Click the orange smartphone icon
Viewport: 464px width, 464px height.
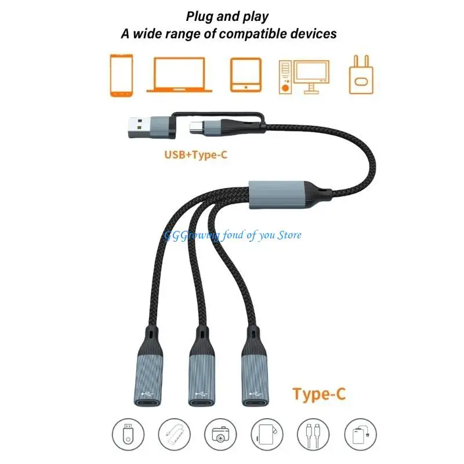pyautogui.click(x=121, y=75)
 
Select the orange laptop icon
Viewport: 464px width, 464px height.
pyautogui.click(x=179, y=75)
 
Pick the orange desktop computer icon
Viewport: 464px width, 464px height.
pyautogui.click(x=303, y=76)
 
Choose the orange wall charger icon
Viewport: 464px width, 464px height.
pyautogui.click(x=361, y=75)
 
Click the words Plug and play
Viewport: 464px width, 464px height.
pyautogui.click(x=227, y=17)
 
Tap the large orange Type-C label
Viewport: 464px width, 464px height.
pyautogui.click(x=319, y=394)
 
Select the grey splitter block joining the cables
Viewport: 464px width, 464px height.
pyautogui.click(x=278, y=196)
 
